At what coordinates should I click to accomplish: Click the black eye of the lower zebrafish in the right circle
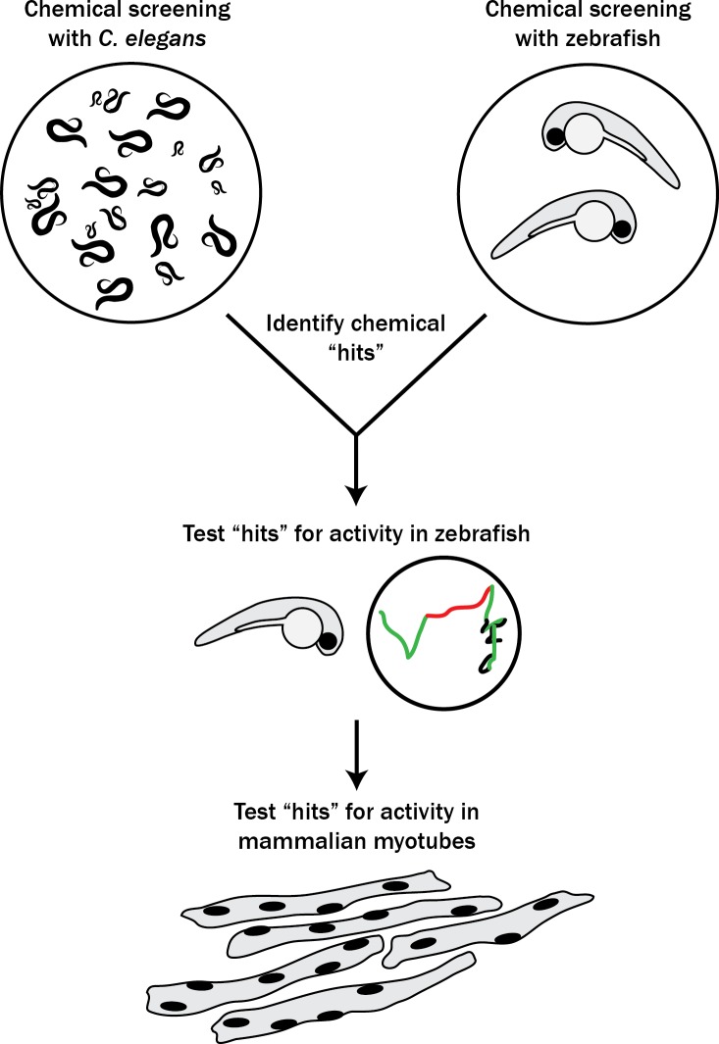(620, 230)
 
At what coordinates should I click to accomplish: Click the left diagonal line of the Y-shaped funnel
(290, 373)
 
